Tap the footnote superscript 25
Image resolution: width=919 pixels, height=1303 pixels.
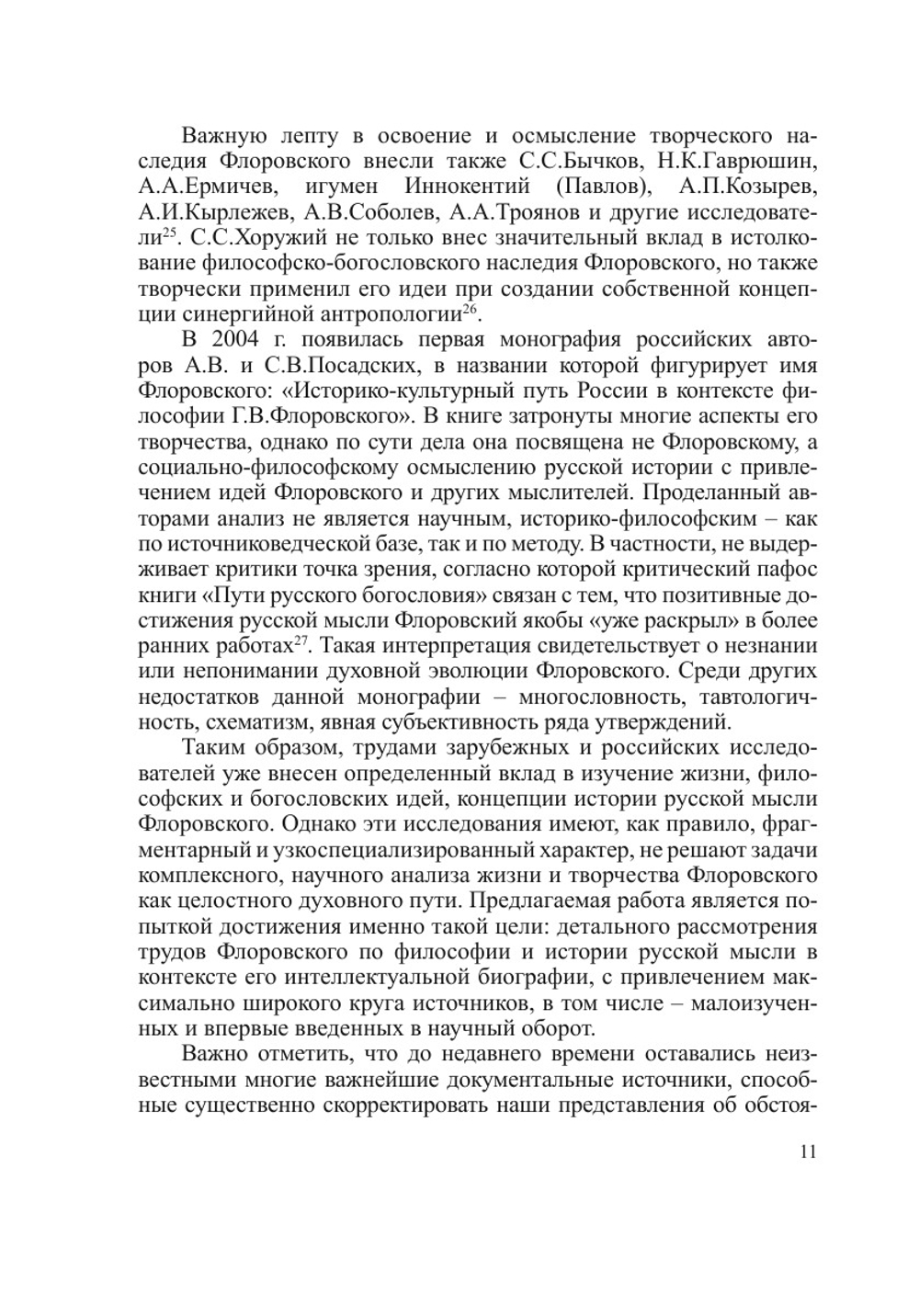[167, 235]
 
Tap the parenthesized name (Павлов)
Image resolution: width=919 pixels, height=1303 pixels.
[599, 187]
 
